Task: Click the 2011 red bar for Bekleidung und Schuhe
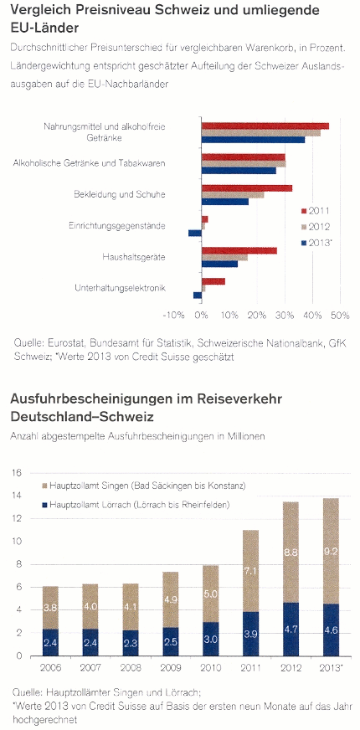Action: coord(247,188)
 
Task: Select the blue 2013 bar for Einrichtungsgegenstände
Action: coord(195,233)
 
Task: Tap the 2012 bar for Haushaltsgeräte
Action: coord(224,258)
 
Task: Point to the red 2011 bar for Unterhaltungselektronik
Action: coord(213,281)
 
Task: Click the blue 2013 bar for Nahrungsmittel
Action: coord(254,139)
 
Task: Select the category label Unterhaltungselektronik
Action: coord(121,288)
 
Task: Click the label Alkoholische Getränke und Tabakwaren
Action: coord(90,163)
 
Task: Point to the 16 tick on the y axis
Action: coord(16,473)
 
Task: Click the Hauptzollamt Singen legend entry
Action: coord(142,486)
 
